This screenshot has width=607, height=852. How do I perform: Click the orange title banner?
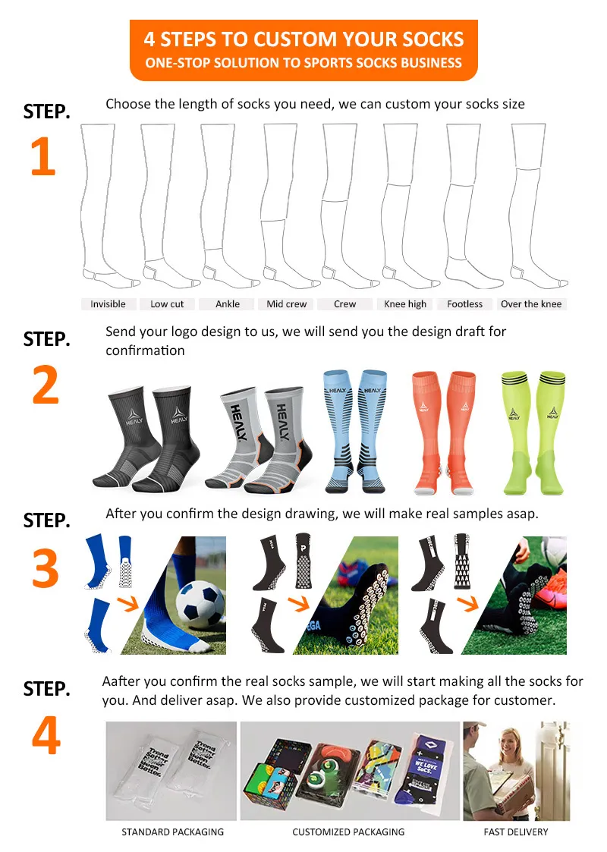[x=303, y=50]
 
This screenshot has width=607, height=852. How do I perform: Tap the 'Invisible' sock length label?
[x=108, y=304]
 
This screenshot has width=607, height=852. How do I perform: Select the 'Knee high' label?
[x=405, y=304]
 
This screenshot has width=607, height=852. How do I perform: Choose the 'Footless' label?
[x=464, y=304]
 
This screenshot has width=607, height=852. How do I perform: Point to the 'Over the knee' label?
[x=531, y=304]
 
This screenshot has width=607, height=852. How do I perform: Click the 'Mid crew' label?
[x=286, y=304]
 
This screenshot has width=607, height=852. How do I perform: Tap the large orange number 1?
[x=43, y=156]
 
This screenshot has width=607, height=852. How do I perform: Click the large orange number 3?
[x=45, y=567]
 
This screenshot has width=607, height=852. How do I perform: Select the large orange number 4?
[x=46, y=735]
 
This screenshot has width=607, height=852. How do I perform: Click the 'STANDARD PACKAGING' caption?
[x=172, y=832]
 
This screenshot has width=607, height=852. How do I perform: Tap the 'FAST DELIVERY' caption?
[x=516, y=832]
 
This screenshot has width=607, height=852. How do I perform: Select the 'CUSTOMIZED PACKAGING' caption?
[x=348, y=832]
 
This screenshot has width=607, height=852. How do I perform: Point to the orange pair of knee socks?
[x=444, y=432]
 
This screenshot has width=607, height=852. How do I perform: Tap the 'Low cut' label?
[x=167, y=304]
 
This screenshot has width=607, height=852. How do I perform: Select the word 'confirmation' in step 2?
[x=145, y=351]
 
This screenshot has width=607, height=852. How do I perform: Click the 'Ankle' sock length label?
[x=227, y=304]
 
